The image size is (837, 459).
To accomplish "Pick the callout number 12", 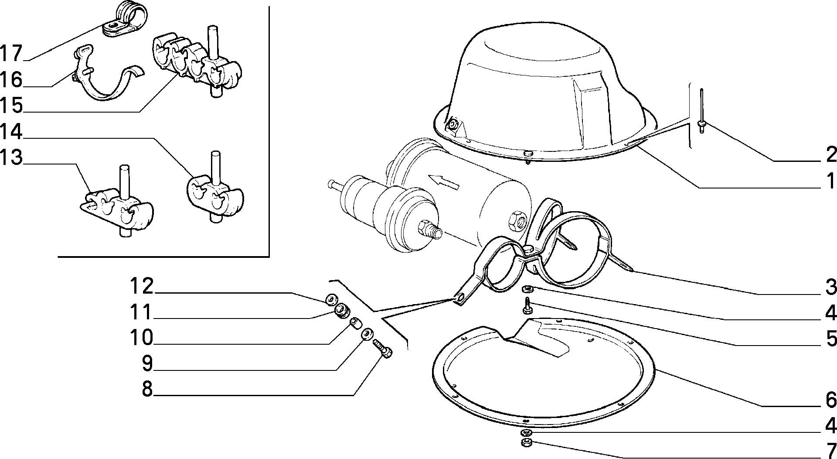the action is [142, 286].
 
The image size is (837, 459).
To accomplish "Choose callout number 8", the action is [147, 388].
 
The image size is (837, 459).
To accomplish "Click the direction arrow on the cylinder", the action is [444, 181].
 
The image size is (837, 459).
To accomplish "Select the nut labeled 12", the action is [330, 299].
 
